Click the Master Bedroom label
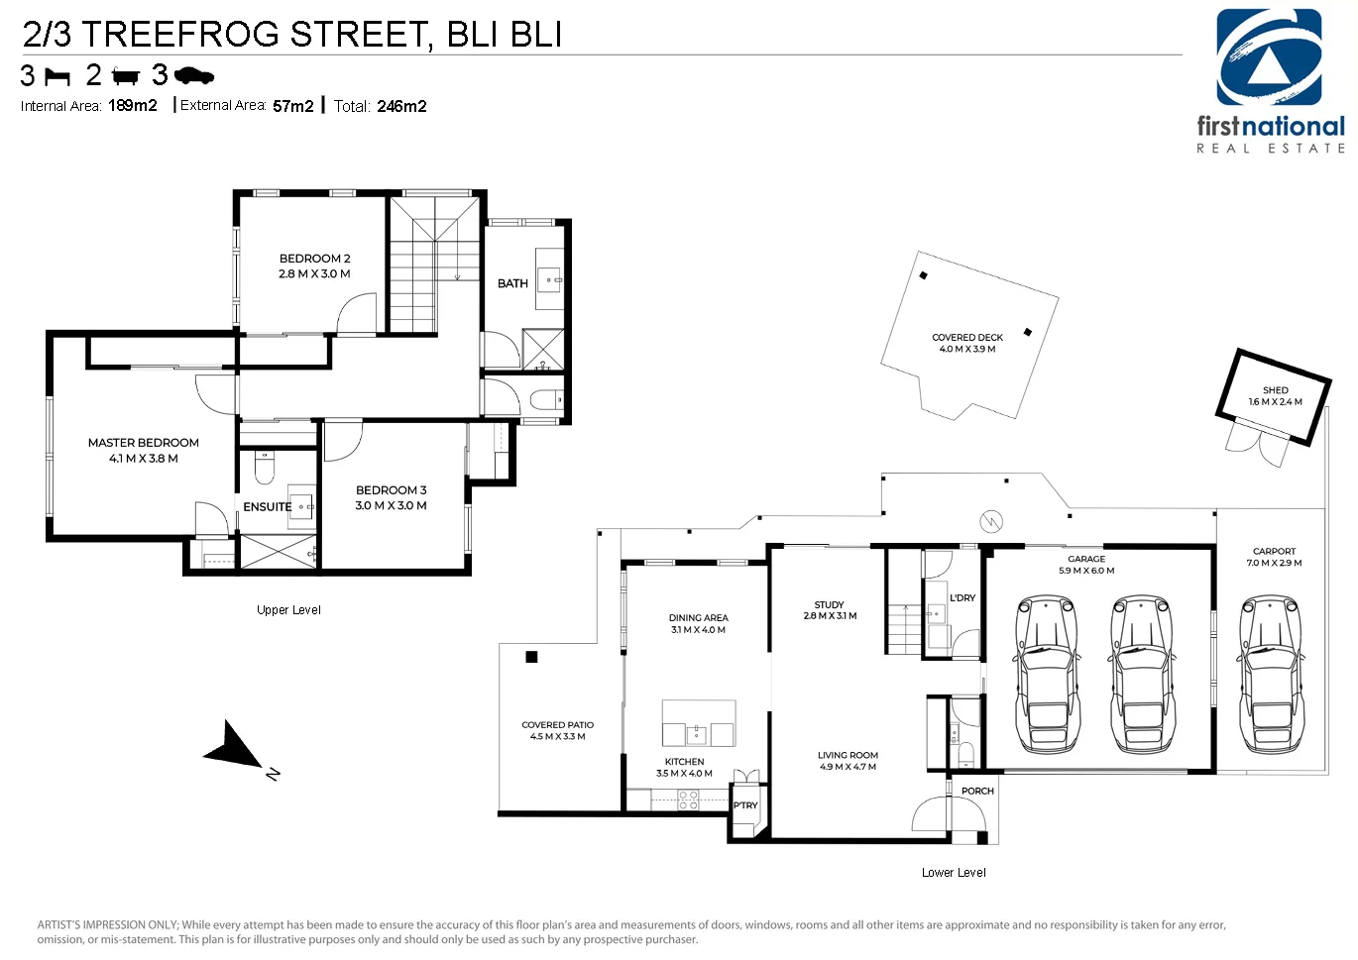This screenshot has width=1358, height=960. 143,443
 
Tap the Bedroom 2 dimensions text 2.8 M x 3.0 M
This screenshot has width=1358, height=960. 314,274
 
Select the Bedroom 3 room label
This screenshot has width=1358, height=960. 391,489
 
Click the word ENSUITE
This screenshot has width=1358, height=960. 268,506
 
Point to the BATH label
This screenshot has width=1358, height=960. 512,283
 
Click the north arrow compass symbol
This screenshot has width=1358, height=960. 238,747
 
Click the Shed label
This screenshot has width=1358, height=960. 1276,390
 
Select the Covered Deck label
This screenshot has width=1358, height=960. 967,338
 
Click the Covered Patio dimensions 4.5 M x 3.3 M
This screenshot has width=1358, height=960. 558,737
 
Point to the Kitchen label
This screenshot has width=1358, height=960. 685,762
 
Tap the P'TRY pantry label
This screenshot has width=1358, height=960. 745,805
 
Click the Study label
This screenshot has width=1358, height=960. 829,605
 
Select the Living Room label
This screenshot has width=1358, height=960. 848,755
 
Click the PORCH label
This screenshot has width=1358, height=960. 977,791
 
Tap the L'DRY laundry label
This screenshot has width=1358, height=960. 962,597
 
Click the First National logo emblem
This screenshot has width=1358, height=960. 1269,57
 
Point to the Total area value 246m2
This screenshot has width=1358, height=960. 401,107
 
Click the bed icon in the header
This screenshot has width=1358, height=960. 58,77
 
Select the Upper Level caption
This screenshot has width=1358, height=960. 288,610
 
